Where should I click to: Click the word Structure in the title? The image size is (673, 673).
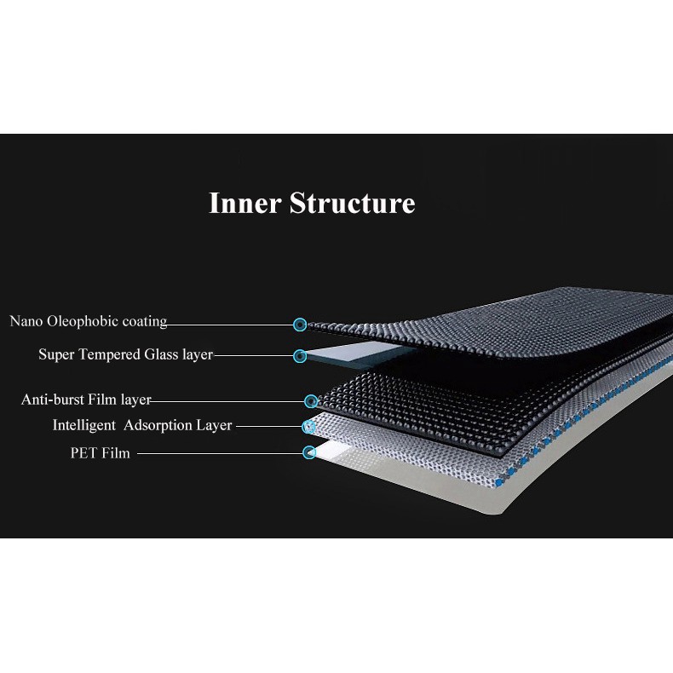pyautogui.click(x=353, y=204)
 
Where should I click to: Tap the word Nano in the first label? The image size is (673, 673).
pyautogui.click(x=26, y=322)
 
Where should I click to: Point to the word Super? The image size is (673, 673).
pyautogui.click(x=56, y=354)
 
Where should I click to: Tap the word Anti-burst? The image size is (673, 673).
pyautogui.click(x=53, y=400)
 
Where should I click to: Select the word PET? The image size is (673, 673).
pyautogui.click(x=83, y=453)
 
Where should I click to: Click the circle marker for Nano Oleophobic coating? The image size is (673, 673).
pyautogui.click(x=299, y=325)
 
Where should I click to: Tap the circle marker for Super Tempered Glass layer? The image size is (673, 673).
pyautogui.click(x=299, y=355)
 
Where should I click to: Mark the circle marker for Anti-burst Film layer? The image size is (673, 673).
pyautogui.click(x=310, y=400)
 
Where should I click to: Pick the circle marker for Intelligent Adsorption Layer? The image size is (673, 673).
pyautogui.click(x=309, y=425)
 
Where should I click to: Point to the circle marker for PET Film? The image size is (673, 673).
pyautogui.click(x=309, y=453)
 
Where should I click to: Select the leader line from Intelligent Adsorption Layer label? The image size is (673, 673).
pyautogui.click(x=268, y=426)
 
